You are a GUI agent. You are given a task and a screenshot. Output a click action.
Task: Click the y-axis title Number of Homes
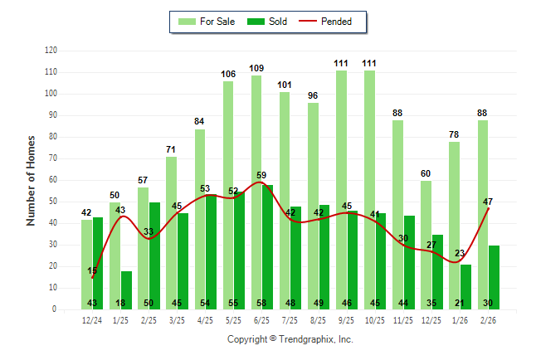[31, 180]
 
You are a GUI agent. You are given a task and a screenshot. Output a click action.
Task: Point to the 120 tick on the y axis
[51, 51]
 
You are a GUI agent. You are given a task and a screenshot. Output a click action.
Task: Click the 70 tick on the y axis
[52, 158]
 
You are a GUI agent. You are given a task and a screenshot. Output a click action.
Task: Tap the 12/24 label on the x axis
[92, 319]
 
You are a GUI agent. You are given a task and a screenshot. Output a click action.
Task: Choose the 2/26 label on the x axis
[489, 319]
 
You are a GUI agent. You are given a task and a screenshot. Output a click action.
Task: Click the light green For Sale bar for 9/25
[341, 191]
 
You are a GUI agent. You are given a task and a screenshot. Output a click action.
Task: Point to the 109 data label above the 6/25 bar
[256, 68]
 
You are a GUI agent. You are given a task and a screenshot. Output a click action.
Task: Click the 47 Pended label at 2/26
[489, 202]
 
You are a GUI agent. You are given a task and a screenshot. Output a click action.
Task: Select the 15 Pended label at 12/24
[92, 271]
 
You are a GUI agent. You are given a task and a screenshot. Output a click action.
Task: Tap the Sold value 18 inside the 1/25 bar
[126, 303]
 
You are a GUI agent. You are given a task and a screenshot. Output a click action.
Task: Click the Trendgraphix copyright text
[290, 339]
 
